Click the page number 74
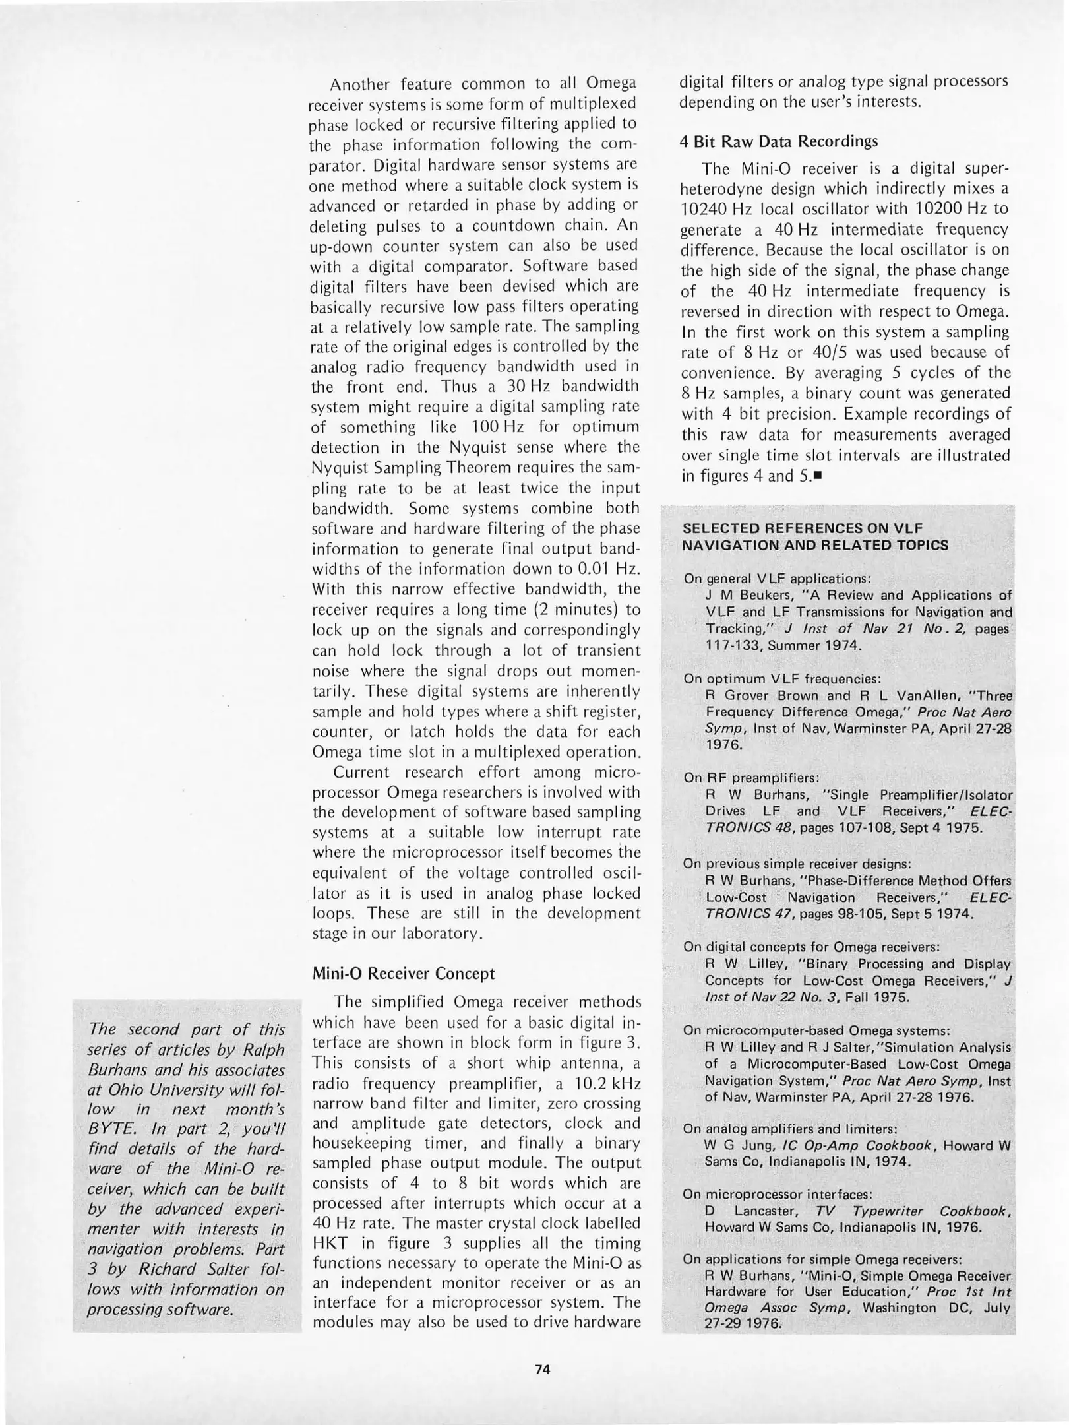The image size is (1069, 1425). click(x=542, y=1368)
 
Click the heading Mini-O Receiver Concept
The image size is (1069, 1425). click(x=403, y=974)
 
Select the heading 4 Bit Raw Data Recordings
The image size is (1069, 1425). click(x=778, y=141)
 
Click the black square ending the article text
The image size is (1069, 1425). click(x=818, y=475)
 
